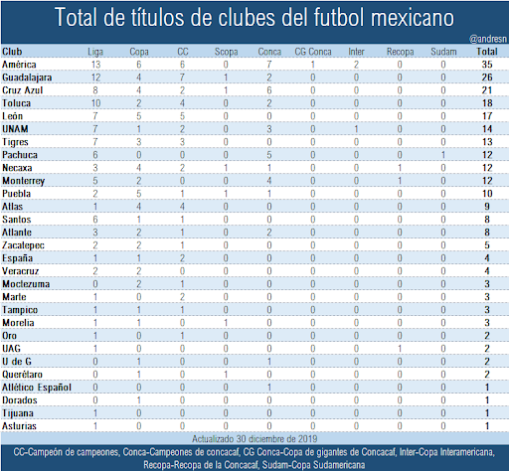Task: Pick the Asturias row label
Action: tap(20, 424)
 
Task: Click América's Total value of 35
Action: tap(487, 63)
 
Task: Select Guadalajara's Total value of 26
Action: tap(487, 76)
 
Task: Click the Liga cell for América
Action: tap(95, 63)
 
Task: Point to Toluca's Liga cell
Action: tap(95, 101)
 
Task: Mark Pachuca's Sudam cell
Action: tap(444, 153)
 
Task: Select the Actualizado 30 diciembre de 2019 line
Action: tap(254, 437)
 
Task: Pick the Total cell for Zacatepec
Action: tap(487, 243)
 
